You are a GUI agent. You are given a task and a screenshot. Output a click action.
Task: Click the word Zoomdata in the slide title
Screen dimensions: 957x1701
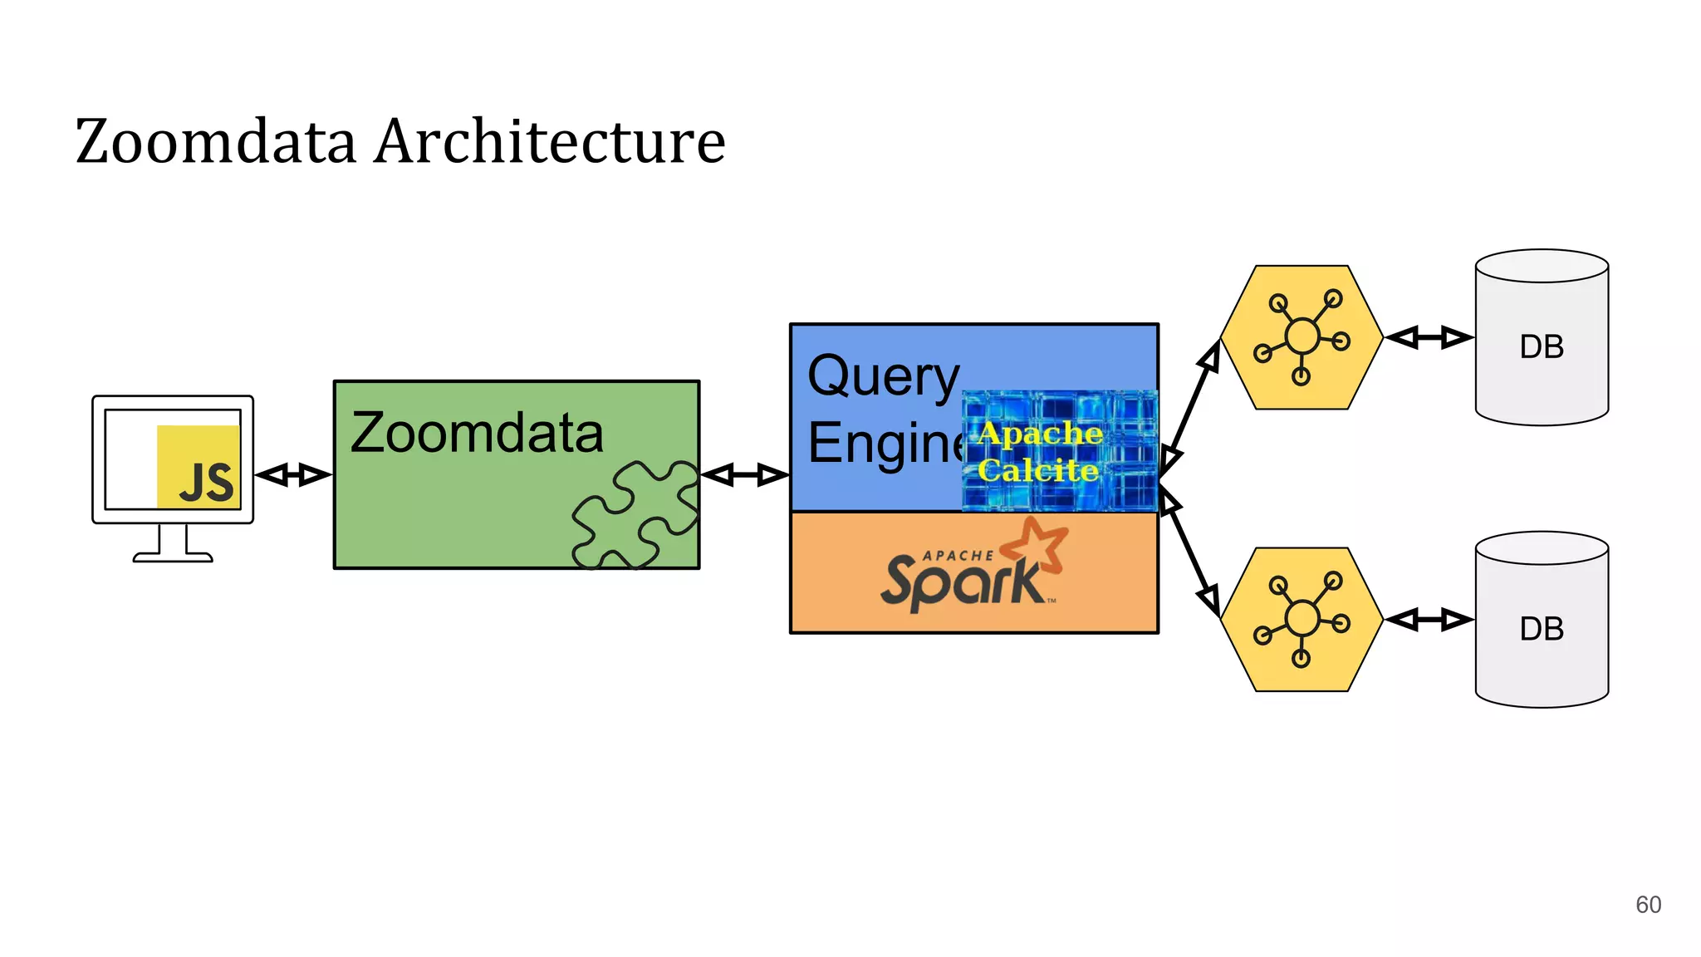[x=216, y=141]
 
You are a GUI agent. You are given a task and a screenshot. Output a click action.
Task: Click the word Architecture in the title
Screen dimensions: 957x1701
[x=550, y=141]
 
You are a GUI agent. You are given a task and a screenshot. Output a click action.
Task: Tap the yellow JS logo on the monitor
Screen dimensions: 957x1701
[x=199, y=468]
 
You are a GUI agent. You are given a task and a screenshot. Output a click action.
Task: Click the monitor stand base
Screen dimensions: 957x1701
[x=173, y=557]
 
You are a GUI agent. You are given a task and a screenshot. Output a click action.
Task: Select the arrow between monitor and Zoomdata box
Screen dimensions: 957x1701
[x=293, y=475]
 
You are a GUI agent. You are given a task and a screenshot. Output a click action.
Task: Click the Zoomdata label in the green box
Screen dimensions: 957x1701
[x=477, y=433]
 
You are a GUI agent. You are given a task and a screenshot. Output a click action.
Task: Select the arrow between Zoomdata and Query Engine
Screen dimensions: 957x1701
[x=745, y=475]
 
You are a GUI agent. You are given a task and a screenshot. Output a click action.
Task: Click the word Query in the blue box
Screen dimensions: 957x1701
[x=883, y=376]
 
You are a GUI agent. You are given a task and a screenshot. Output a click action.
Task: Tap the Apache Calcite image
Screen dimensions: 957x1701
[x=1059, y=451]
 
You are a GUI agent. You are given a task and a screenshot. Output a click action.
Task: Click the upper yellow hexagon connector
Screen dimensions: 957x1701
[x=1301, y=337]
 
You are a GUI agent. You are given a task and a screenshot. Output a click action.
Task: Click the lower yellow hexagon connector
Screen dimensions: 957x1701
[x=1301, y=620]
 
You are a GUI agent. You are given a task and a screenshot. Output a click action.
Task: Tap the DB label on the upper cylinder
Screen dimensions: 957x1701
[x=1542, y=347]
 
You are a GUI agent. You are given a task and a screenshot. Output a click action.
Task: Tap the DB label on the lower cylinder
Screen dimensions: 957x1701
[x=1542, y=630]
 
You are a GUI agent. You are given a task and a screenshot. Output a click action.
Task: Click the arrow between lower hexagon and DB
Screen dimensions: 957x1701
[x=1429, y=620]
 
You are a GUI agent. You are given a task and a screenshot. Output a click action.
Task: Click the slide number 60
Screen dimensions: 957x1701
[x=1648, y=905]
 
